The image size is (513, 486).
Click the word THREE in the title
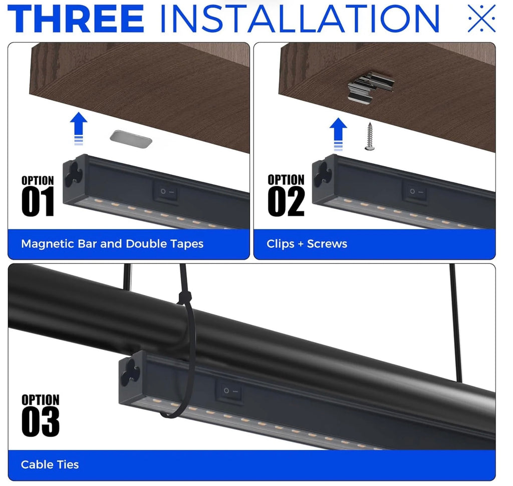click(x=76, y=19)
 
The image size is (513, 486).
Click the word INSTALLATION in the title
click(x=299, y=19)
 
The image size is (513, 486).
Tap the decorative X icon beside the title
click(x=481, y=19)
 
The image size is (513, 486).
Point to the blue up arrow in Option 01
click(x=79, y=129)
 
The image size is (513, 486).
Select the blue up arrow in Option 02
click(x=338, y=134)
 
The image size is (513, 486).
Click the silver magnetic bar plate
click(x=131, y=139)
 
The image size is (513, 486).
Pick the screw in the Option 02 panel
click(x=370, y=137)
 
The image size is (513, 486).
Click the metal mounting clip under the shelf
click(x=370, y=87)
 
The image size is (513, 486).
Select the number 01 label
click(x=38, y=202)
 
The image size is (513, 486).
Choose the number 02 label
click(x=286, y=202)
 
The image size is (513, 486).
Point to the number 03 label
click(x=41, y=421)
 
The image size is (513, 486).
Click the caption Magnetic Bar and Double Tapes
click(x=112, y=244)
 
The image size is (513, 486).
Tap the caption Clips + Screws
click(x=307, y=244)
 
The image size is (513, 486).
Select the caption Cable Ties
click(x=50, y=464)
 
